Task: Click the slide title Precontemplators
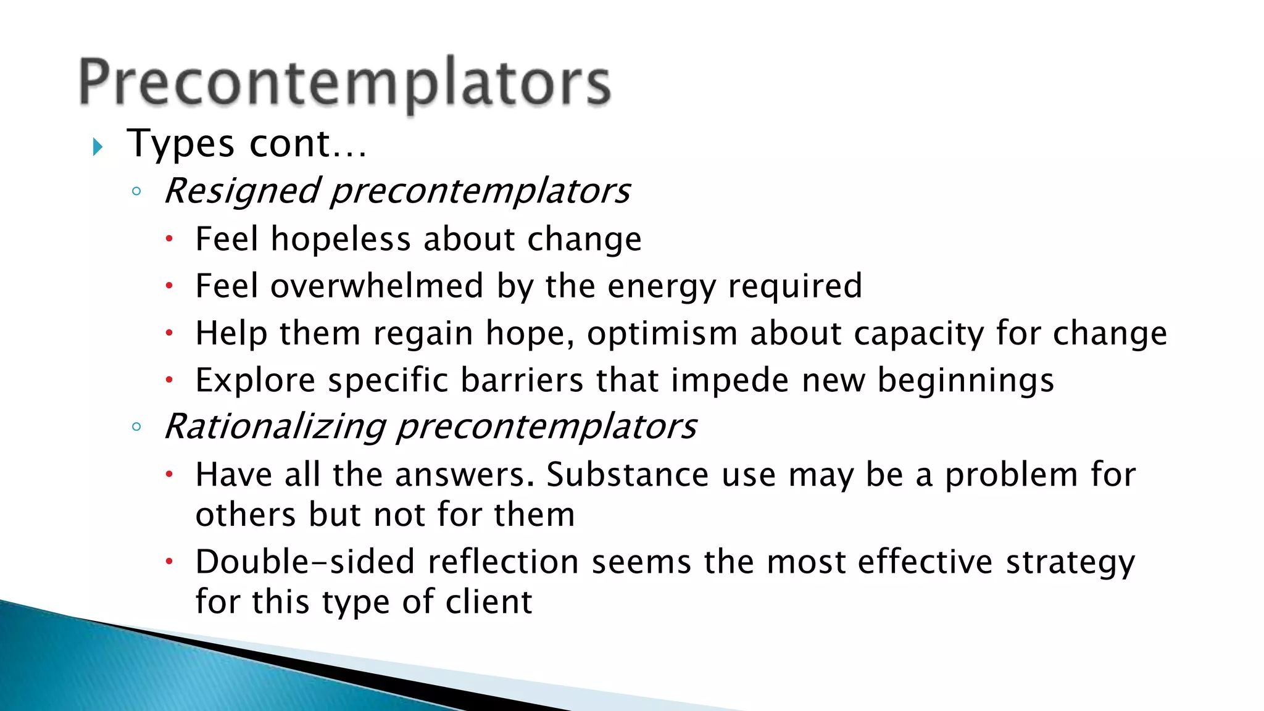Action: click(345, 83)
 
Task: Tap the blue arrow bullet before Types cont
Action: click(97, 147)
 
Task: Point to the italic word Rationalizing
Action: click(275, 426)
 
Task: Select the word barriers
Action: click(522, 380)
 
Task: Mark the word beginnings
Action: click(966, 381)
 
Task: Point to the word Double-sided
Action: click(305, 562)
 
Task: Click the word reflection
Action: click(503, 562)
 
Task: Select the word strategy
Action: click(1070, 563)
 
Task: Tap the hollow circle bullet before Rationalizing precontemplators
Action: click(136, 426)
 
